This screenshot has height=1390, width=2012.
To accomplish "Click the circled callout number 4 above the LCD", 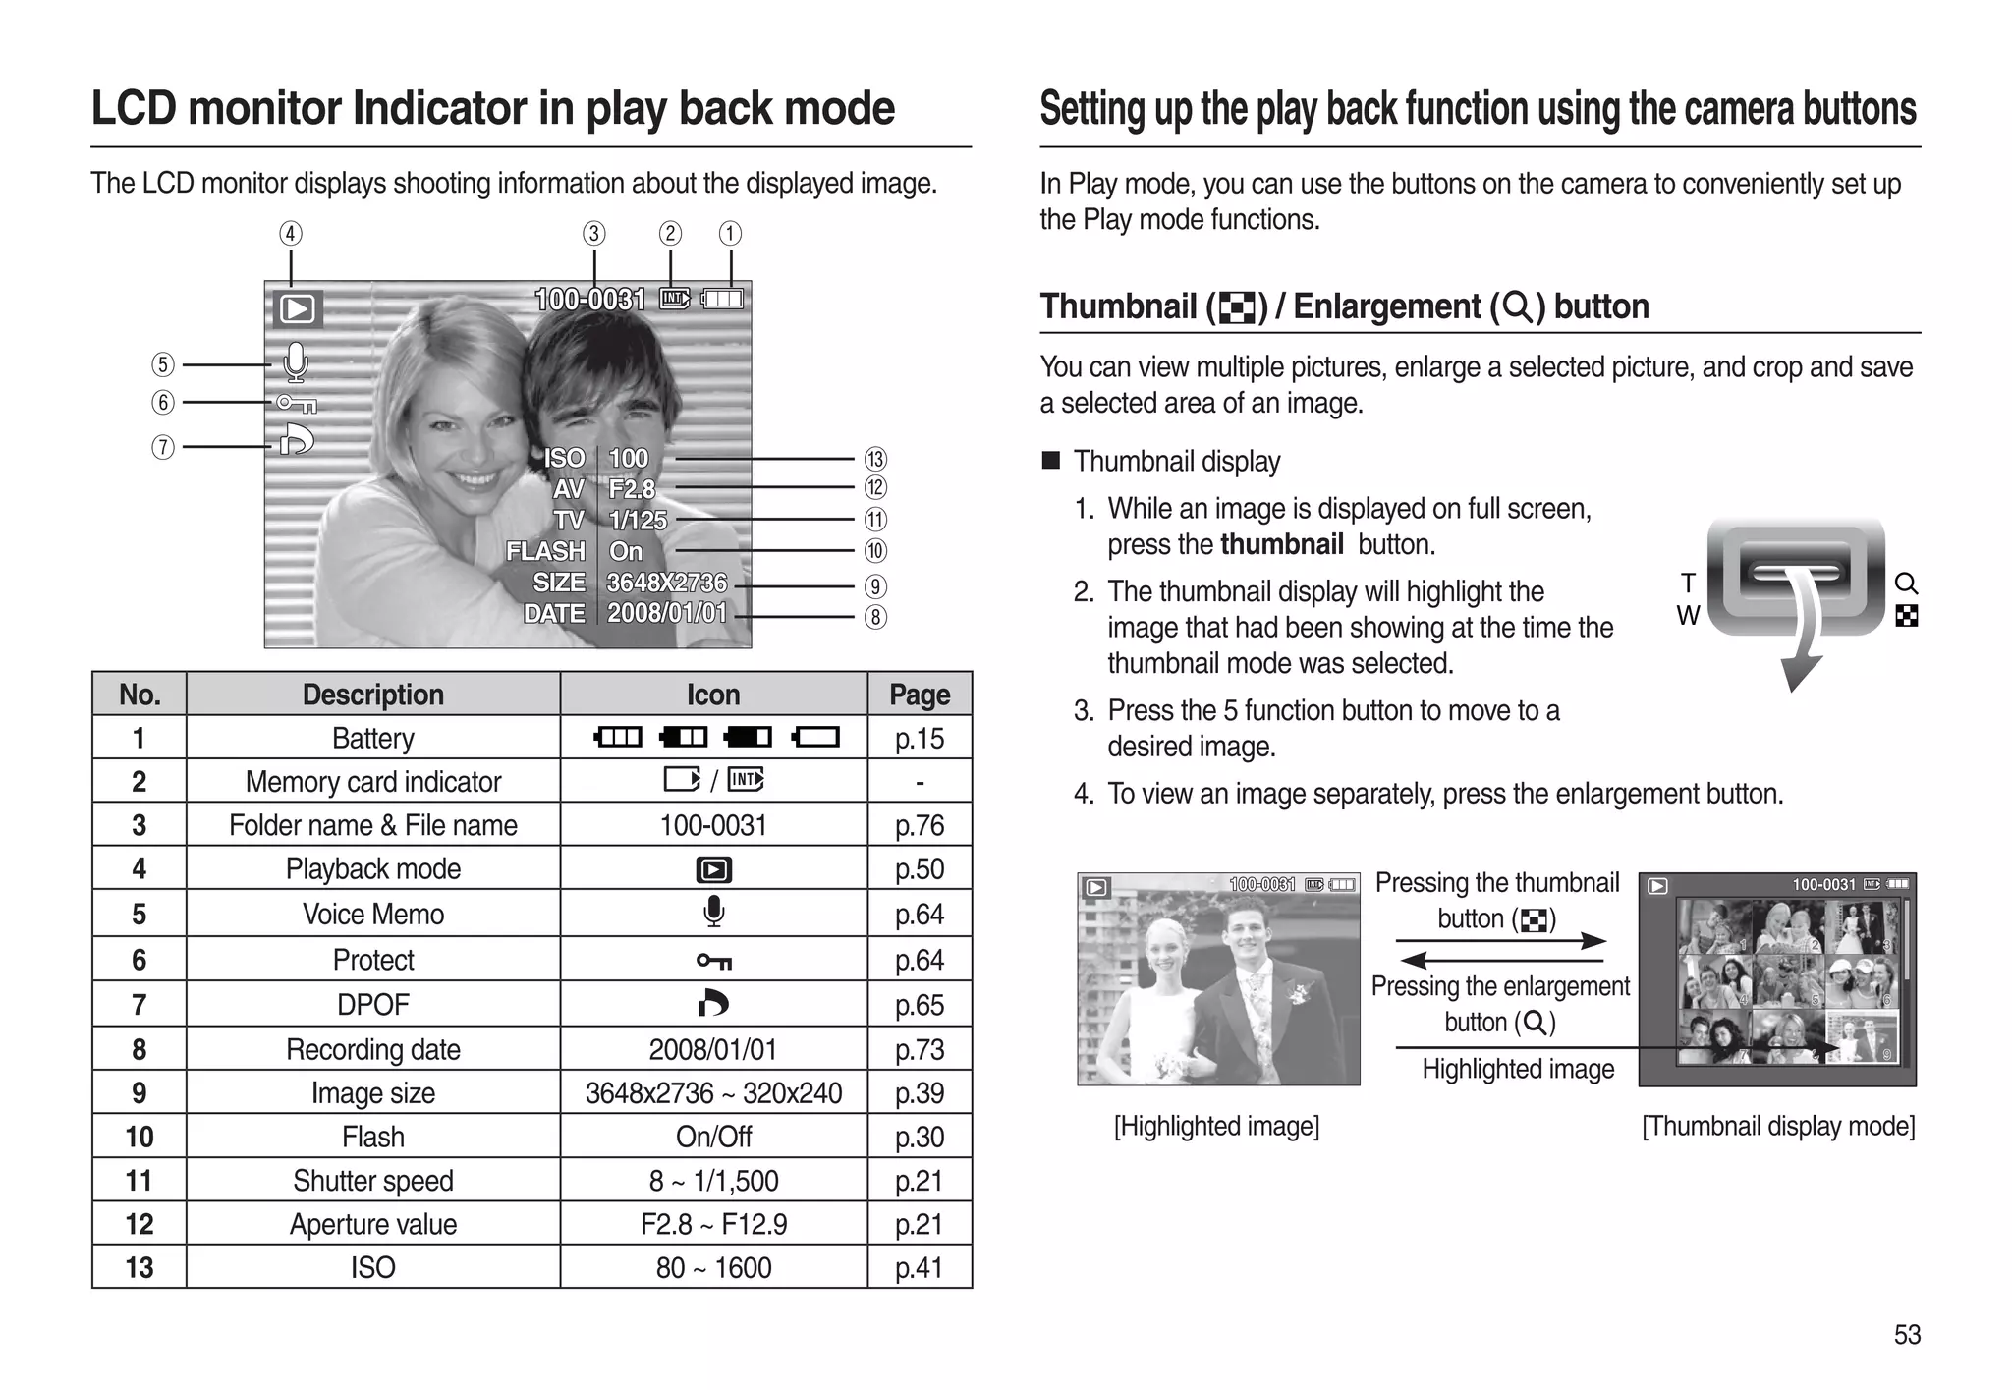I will point(290,234).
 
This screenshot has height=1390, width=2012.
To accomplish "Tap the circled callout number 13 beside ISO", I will point(874,459).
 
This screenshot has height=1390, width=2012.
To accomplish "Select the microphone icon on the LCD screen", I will point(295,362).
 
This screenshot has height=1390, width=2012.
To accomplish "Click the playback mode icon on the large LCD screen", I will point(297,309).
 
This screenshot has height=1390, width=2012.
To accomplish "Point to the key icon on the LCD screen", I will point(296,403).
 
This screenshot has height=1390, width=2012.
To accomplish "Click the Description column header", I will point(372,695).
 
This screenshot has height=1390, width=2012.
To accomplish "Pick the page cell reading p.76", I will point(919,825).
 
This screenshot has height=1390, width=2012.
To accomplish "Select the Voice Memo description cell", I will point(372,914).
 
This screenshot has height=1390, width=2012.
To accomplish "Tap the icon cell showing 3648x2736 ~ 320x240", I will point(713,1092).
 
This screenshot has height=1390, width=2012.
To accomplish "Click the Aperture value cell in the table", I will point(372,1224).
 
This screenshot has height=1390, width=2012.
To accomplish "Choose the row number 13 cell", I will point(139,1267).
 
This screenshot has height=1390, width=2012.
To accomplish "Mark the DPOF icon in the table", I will point(713,1003).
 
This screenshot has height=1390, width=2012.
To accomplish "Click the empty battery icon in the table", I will point(816,737).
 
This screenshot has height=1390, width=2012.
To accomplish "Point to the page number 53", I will point(1907,1334).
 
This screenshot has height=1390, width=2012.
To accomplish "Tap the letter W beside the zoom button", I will point(1687,616).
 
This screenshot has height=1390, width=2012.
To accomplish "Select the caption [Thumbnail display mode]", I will point(1778,1126).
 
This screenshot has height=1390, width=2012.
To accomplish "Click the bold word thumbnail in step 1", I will point(1281,544).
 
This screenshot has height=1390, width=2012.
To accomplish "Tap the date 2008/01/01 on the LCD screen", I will point(667,613).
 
